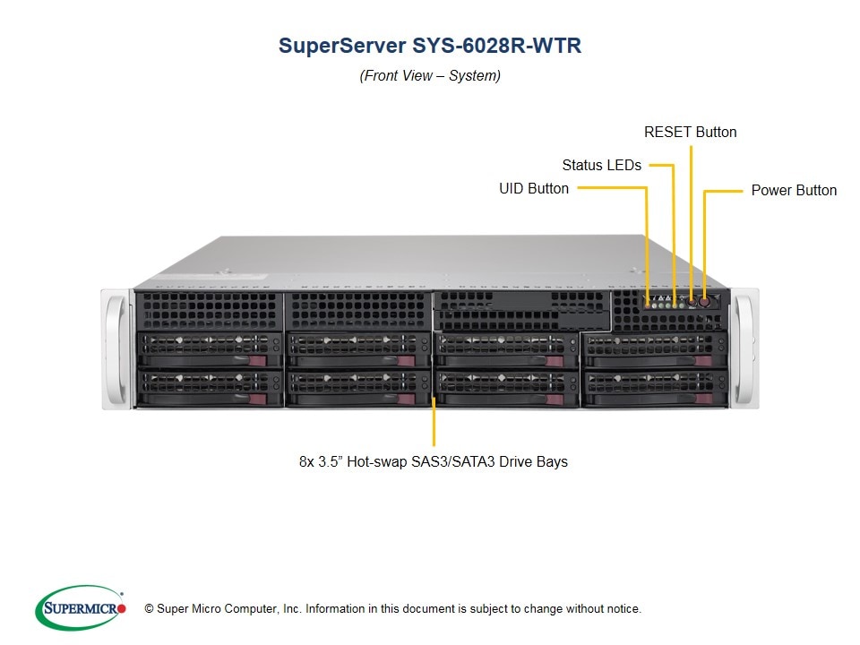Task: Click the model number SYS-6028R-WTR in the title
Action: coord(496,46)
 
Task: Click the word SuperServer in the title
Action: coord(342,46)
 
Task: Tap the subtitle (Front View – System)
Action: coord(430,75)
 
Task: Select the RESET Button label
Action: coord(690,133)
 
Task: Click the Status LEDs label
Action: coord(602,165)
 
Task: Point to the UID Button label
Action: coord(534,189)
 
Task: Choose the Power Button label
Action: coord(794,190)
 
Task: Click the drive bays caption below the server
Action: coord(434,462)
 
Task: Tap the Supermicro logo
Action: coord(81,607)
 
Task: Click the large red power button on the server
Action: coord(704,302)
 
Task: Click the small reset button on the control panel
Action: coord(692,302)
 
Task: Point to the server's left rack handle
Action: coord(117,348)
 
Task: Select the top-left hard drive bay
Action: coord(209,349)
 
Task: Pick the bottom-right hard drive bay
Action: coord(654,389)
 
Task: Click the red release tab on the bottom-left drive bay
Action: coord(258,399)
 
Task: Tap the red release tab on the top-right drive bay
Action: coord(702,360)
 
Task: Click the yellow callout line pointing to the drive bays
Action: coord(434,421)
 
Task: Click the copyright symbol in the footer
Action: coord(149,608)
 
